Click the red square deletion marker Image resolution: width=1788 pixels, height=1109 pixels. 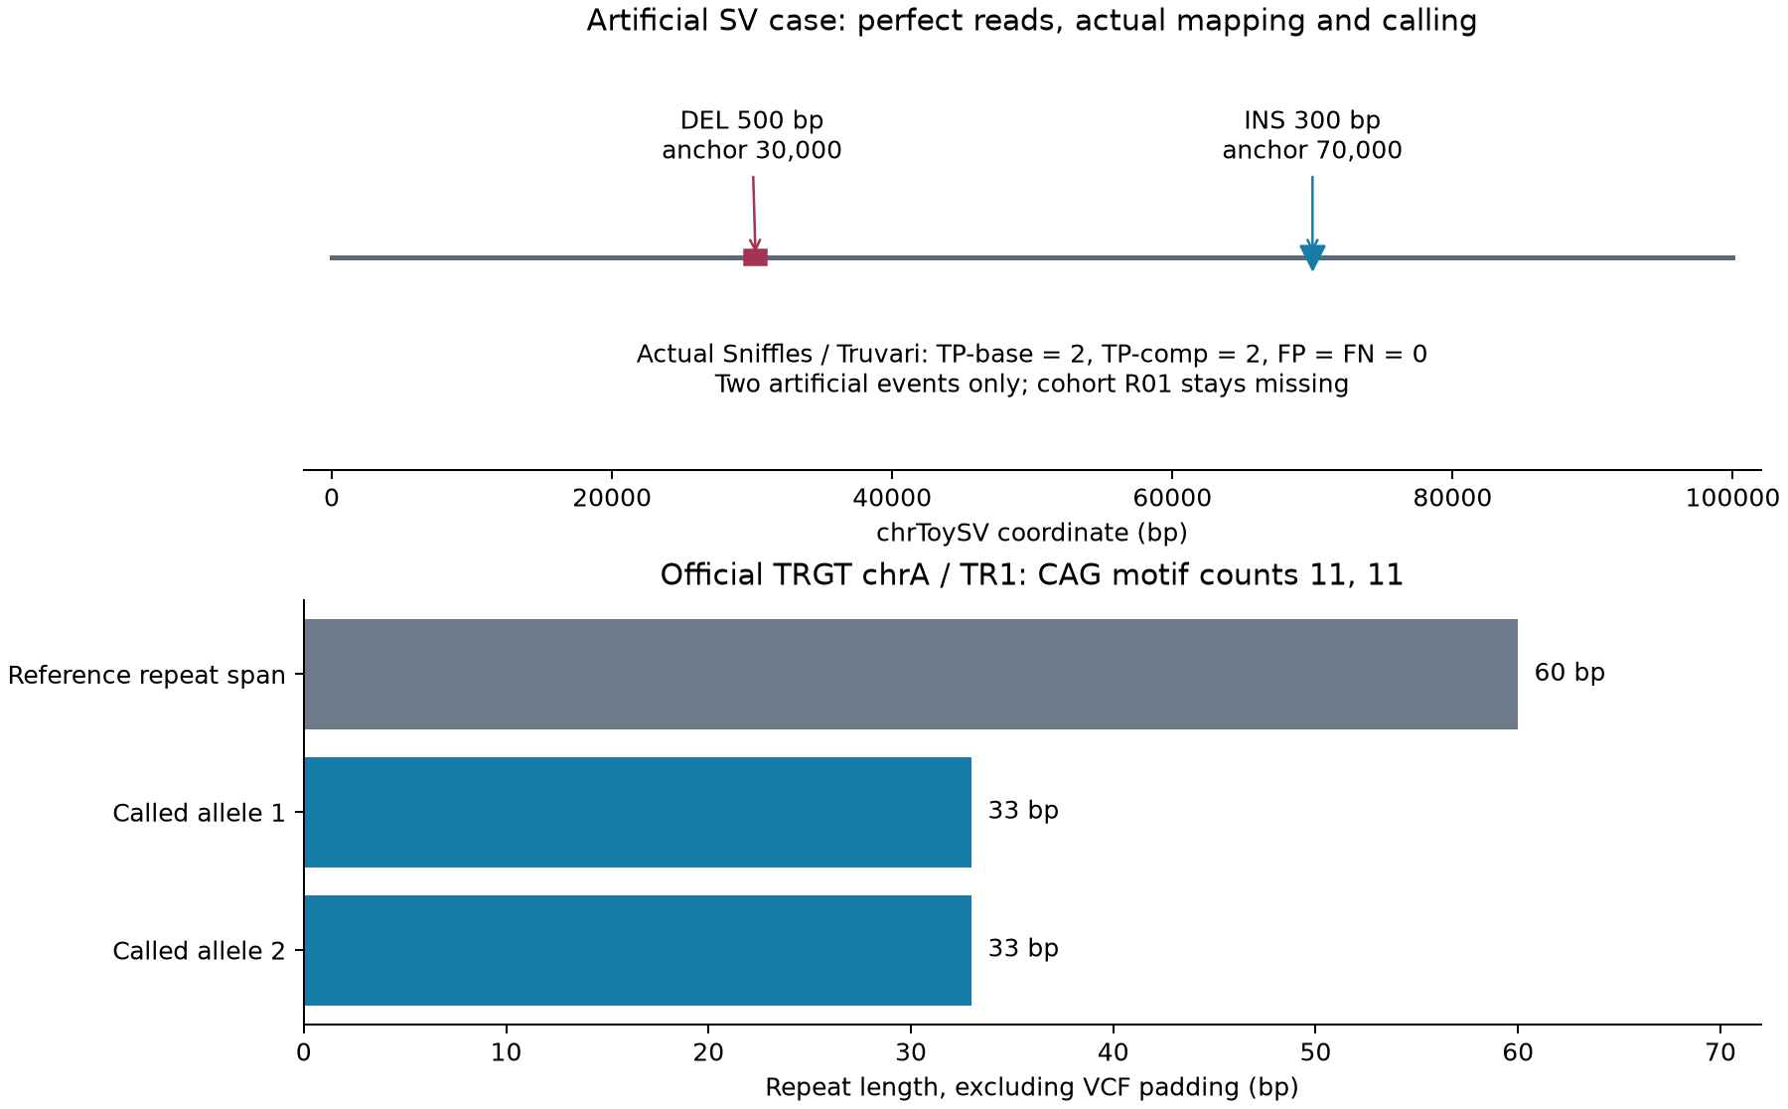(x=755, y=257)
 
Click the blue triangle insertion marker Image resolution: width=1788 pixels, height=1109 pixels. (x=1312, y=257)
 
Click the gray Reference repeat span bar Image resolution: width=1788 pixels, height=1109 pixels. (x=911, y=674)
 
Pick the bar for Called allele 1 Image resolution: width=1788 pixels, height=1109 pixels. (x=638, y=812)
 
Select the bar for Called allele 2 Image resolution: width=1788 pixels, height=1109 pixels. (x=638, y=950)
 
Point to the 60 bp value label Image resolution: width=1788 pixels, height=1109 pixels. (x=1569, y=673)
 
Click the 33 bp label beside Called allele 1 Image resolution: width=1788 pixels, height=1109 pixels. (x=1023, y=811)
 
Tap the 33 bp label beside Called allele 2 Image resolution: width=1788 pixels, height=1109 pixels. (x=1023, y=949)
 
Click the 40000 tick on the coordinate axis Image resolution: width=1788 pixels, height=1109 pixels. (x=892, y=497)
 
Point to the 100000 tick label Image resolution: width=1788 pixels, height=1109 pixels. (x=1732, y=497)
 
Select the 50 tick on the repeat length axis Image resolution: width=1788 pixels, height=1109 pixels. (x=1315, y=1051)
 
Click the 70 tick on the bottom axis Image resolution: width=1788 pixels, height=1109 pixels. (x=1720, y=1051)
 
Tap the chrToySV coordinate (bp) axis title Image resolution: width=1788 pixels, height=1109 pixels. (x=1032, y=533)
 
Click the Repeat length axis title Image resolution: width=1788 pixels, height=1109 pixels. (x=1032, y=1087)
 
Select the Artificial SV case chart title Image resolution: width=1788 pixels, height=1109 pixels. (x=1032, y=20)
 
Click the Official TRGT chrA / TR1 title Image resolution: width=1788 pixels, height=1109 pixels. (x=1032, y=574)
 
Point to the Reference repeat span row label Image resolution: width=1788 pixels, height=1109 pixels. (x=147, y=675)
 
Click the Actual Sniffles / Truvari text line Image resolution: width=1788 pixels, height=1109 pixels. (x=1032, y=354)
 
